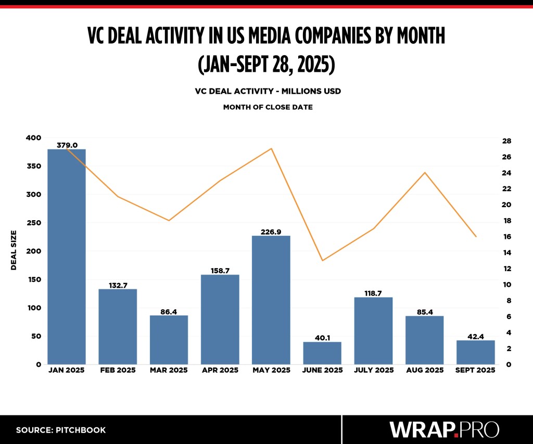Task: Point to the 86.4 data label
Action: [169, 311]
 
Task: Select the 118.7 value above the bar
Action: [373, 293]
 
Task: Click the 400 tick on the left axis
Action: [33, 138]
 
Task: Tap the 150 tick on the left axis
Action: [33, 280]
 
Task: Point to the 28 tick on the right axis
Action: [507, 141]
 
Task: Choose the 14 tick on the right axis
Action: [507, 253]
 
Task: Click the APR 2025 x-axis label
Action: [220, 370]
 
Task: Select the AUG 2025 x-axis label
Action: [424, 370]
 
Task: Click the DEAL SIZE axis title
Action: [14, 250]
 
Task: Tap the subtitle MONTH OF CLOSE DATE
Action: [268, 107]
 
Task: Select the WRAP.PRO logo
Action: [444, 429]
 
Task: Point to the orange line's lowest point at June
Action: [322, 260]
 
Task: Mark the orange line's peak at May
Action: [271, 149]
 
